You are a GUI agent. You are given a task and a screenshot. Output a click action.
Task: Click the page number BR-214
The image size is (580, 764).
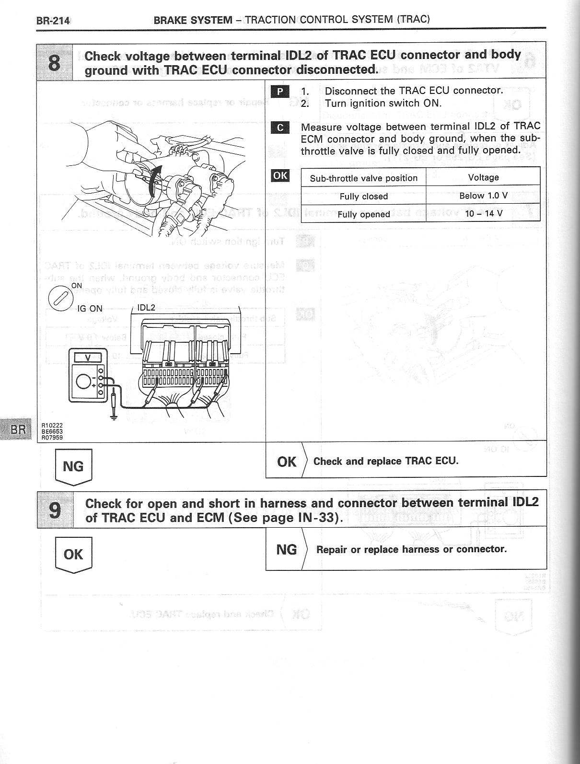coord(53,21)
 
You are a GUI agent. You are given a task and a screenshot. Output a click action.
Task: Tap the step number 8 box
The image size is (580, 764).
coord(55,62)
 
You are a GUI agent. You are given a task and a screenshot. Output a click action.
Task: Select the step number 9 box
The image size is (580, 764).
coord(55,509)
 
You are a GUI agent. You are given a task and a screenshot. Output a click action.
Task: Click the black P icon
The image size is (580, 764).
coord(280,92)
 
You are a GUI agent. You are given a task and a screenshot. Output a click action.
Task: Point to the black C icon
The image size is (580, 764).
coord(280,127)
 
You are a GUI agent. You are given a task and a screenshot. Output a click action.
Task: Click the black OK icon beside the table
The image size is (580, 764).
coord(280,175)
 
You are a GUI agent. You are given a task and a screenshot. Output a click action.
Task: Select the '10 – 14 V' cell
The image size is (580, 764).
coord(483,213)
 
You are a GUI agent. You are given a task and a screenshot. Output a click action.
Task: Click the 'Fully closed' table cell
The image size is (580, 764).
coord(363,196)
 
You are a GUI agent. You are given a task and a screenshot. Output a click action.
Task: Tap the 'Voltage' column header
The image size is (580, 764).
coord(483,177)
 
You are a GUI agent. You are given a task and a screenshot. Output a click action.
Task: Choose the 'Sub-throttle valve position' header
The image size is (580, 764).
coord(363,178)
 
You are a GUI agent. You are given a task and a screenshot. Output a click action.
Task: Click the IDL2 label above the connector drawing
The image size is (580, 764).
coord(146,308)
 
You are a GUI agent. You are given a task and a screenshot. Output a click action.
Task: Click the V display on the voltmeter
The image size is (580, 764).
coord(88,358)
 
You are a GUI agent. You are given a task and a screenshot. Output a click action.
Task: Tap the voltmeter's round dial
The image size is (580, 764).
coord(84,382)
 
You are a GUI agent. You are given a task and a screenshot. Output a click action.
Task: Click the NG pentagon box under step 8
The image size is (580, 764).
coord(73,467)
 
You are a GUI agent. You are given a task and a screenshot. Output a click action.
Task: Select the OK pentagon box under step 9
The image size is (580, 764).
coord(73,555)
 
